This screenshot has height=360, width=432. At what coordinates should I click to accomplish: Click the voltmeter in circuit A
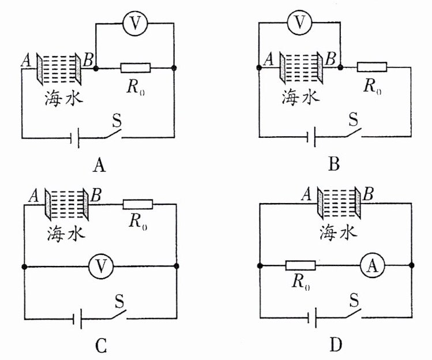[x=136, y=23]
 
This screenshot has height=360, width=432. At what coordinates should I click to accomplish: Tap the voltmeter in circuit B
[x=298, y=22]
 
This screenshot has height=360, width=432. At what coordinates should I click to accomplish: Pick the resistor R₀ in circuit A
[x=136, y=68]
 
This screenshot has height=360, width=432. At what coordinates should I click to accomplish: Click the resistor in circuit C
[x=138, y=204]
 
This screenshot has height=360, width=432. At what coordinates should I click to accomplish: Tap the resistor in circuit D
[x=300, y=265]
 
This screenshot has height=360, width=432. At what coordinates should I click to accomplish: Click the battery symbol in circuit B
[x=312, y=137]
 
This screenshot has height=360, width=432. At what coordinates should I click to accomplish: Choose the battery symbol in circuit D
[x=312, y=317]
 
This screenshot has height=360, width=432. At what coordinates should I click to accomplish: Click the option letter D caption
[x=336, y=346]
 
